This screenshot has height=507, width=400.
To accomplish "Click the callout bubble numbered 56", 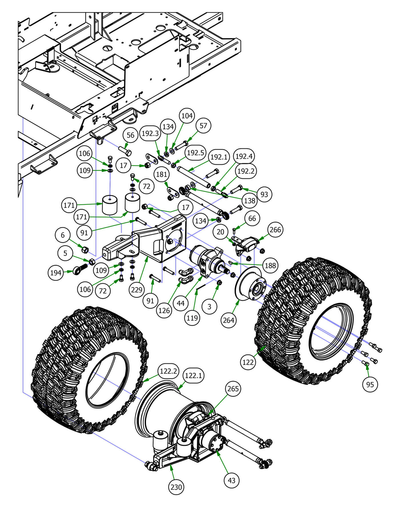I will [130, 135].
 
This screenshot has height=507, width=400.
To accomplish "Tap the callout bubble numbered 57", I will [203, 126].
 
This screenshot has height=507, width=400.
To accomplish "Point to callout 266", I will [275, 230].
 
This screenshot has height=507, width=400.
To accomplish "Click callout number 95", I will [370, 384].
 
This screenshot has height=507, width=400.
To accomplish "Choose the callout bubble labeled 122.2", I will [169, 371].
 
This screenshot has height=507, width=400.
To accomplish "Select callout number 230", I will [176, 487].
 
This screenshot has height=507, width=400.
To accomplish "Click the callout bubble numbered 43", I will [231, 480].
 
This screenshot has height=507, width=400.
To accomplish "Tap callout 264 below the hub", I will [229, 320].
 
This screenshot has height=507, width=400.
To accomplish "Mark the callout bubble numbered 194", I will [56, 273].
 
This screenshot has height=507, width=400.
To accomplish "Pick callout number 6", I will [63, 235].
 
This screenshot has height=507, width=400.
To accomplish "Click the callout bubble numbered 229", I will [137, 290].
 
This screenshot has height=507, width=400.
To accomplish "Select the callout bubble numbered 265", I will [233, 389].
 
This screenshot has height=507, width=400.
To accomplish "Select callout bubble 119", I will [192, 317].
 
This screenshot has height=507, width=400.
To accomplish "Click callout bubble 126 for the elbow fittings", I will [164, 311].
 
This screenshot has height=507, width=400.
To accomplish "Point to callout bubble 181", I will [162, 174].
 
